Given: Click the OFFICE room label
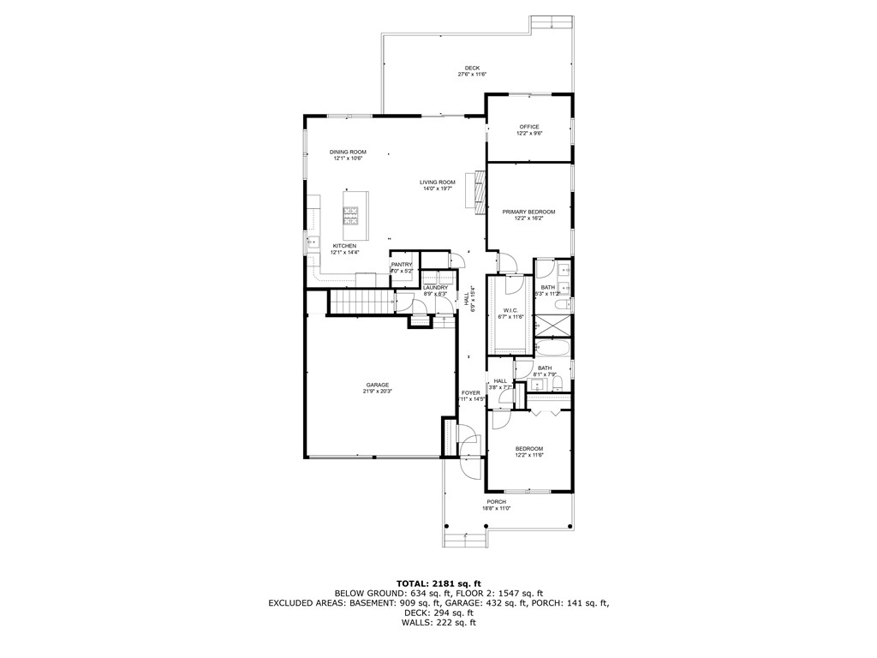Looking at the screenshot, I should click(528, 127).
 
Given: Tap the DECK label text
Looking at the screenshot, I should click(472, 69).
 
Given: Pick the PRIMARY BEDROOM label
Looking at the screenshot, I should click(528, 212).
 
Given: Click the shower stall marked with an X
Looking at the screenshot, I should click(553, 326).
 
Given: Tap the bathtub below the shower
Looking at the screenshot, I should click(553, 348).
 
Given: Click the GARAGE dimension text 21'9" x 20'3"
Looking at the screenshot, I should click(378, 392).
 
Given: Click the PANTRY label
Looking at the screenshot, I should click(402, 264).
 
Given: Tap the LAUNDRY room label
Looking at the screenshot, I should click(435, 288).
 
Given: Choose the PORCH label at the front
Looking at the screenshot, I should click(496, 501).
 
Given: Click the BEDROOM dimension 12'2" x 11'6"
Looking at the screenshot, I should click(528, 455).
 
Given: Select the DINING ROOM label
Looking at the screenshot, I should click(348, 152).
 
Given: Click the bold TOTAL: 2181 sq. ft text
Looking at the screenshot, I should click(438, 583).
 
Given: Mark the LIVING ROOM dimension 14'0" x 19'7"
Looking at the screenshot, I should click(437, 188).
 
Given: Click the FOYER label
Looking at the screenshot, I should click(470, 392).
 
